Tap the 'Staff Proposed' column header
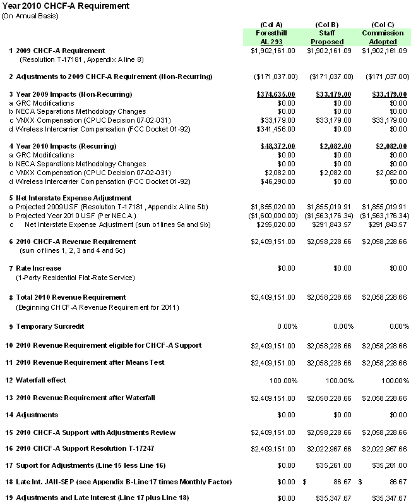click(x=327, y=37)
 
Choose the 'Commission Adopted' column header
click(x=383, y=37)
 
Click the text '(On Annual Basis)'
click(x=30, y=16)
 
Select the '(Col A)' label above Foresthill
click(x=271, y=24)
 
